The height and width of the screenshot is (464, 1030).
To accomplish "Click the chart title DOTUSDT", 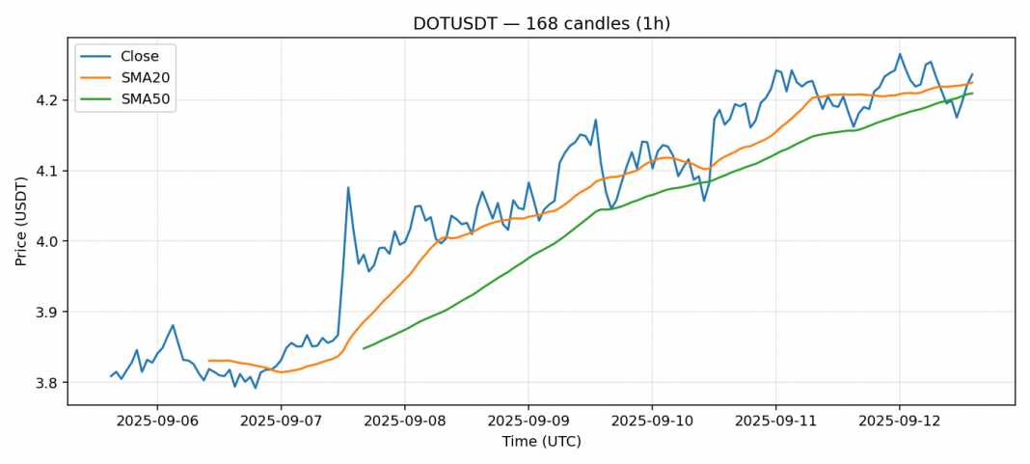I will point(541,24).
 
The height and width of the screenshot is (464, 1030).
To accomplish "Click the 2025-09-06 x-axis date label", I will point(157,422).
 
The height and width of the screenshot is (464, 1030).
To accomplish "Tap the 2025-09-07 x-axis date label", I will point(281,422).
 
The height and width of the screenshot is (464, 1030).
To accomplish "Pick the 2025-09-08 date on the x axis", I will point(404,422).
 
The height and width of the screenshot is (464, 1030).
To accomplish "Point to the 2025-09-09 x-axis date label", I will point(528,422).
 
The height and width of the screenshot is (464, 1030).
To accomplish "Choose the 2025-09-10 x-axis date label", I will point(652,422).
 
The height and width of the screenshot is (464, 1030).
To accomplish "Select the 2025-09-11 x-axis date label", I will point(775,422).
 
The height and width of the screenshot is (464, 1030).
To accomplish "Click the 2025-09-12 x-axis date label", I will point(899,422).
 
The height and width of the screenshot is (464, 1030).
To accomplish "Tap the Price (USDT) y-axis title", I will point(20,221).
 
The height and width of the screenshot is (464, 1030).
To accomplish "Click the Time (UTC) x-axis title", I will point(541,442).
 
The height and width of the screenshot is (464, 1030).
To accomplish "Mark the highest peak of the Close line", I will point(900,54).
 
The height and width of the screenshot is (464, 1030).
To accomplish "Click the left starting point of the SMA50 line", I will point(364,348).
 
